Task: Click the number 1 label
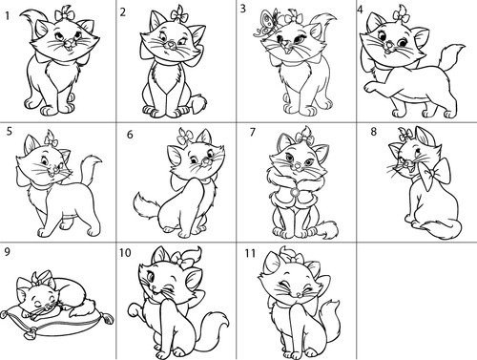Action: [8, 15]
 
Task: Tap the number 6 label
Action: [130, 135]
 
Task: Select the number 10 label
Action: [125, 253]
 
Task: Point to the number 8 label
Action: [373, 131]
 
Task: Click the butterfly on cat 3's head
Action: [266, 22]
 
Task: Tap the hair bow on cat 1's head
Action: [65, 14]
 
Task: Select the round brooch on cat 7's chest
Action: [295, 192]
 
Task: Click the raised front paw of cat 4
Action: [371, 87]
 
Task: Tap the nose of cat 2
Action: [172, 45]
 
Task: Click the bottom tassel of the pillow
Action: [31, 333]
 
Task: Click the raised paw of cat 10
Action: [135, 308]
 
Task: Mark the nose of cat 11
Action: [298, 294]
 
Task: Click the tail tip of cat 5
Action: [98, 159]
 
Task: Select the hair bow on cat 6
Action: [185, 137]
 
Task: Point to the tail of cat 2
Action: [197, 103]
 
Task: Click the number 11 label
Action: [250, 253]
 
